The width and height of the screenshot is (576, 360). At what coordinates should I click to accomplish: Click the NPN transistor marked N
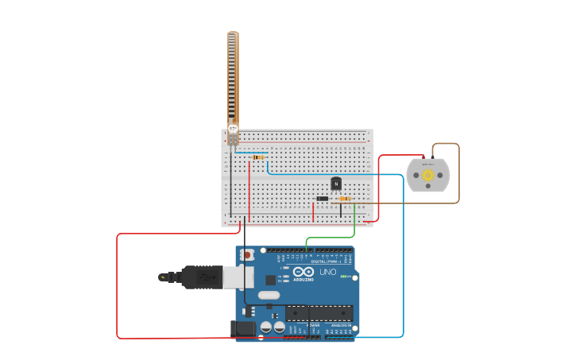tap(336, 183)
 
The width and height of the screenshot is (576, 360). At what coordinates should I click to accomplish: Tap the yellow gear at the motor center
tap(428, 175)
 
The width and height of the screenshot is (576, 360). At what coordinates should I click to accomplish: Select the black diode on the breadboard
tap(323, 198)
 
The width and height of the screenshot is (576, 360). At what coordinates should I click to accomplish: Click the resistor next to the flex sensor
tap(258, 157)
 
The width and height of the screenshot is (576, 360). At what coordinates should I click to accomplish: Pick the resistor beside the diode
tap(345, 199)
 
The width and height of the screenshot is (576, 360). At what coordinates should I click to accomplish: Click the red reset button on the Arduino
tap(247, 255)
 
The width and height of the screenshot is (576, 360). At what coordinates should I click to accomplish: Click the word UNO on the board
tap(327, 272)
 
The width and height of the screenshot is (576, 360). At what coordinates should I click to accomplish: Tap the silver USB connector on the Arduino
tap(237, 277)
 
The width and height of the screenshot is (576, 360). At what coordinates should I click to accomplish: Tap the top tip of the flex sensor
tap(233, 33)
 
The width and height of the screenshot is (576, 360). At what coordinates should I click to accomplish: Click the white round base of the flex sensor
tap(233, 128)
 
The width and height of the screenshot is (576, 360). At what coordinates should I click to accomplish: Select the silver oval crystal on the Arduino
tap(269, 296)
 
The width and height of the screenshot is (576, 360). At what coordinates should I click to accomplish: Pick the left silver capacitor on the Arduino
tap(266, 327)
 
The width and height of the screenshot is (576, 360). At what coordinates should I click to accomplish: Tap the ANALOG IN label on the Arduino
tap(339, 325)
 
